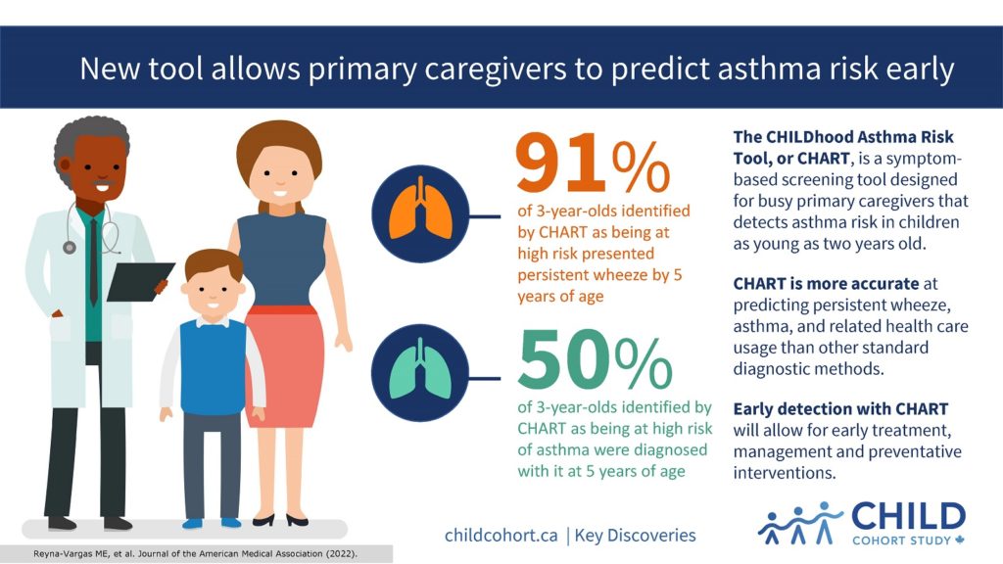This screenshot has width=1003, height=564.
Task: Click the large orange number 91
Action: pyautogui.click(x=560, y=163)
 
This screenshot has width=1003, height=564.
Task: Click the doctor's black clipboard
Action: pyautogui.click(x=139, y=281)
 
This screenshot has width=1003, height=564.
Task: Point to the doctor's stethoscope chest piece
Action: pyautogui.click(x=70, y=247)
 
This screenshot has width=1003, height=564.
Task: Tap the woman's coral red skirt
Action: pyautogui.click(x=284, y=365)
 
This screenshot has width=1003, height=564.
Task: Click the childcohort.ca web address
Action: pyautogui.click(x=501, y=536)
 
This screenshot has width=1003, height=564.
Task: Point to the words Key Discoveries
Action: pyautogui.click(x=635, y=536)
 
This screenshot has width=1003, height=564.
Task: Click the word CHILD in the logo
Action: pyautogui.click(x=908, y=517)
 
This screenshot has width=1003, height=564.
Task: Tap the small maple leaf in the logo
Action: pyautogui.click(x=960, y=540)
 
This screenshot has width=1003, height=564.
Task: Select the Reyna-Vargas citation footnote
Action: pyautogui.click(x=195, y=554)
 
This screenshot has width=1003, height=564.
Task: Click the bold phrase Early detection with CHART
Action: pyautogui.click(x=840, y=409)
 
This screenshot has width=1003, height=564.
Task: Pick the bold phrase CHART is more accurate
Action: pyautogui.click(x=826, y=284)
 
